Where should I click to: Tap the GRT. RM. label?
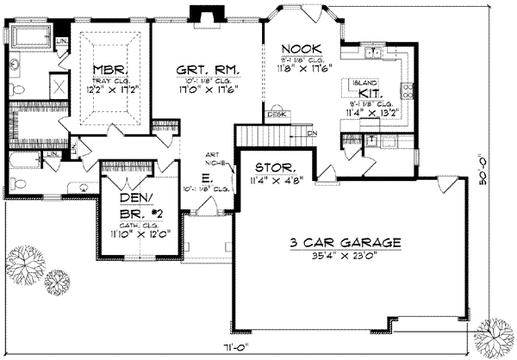tap(207, 68)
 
